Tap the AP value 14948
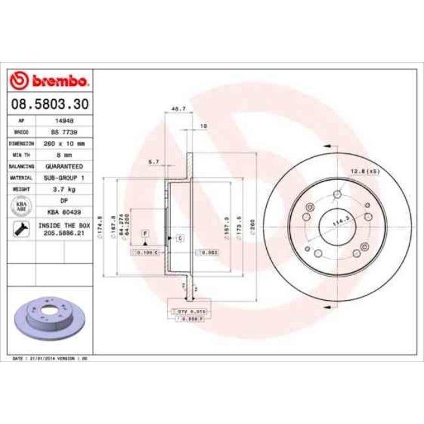[65, 121]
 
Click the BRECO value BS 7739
[65, 132]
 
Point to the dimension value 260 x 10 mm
[65, 142]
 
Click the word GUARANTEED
[65, 166]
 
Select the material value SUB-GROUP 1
[65, 177]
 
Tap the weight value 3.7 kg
[65, 189]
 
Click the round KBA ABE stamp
[21, 206]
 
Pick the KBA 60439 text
[65, 212]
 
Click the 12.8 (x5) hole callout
[365, 171]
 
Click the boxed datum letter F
[144, 234]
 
